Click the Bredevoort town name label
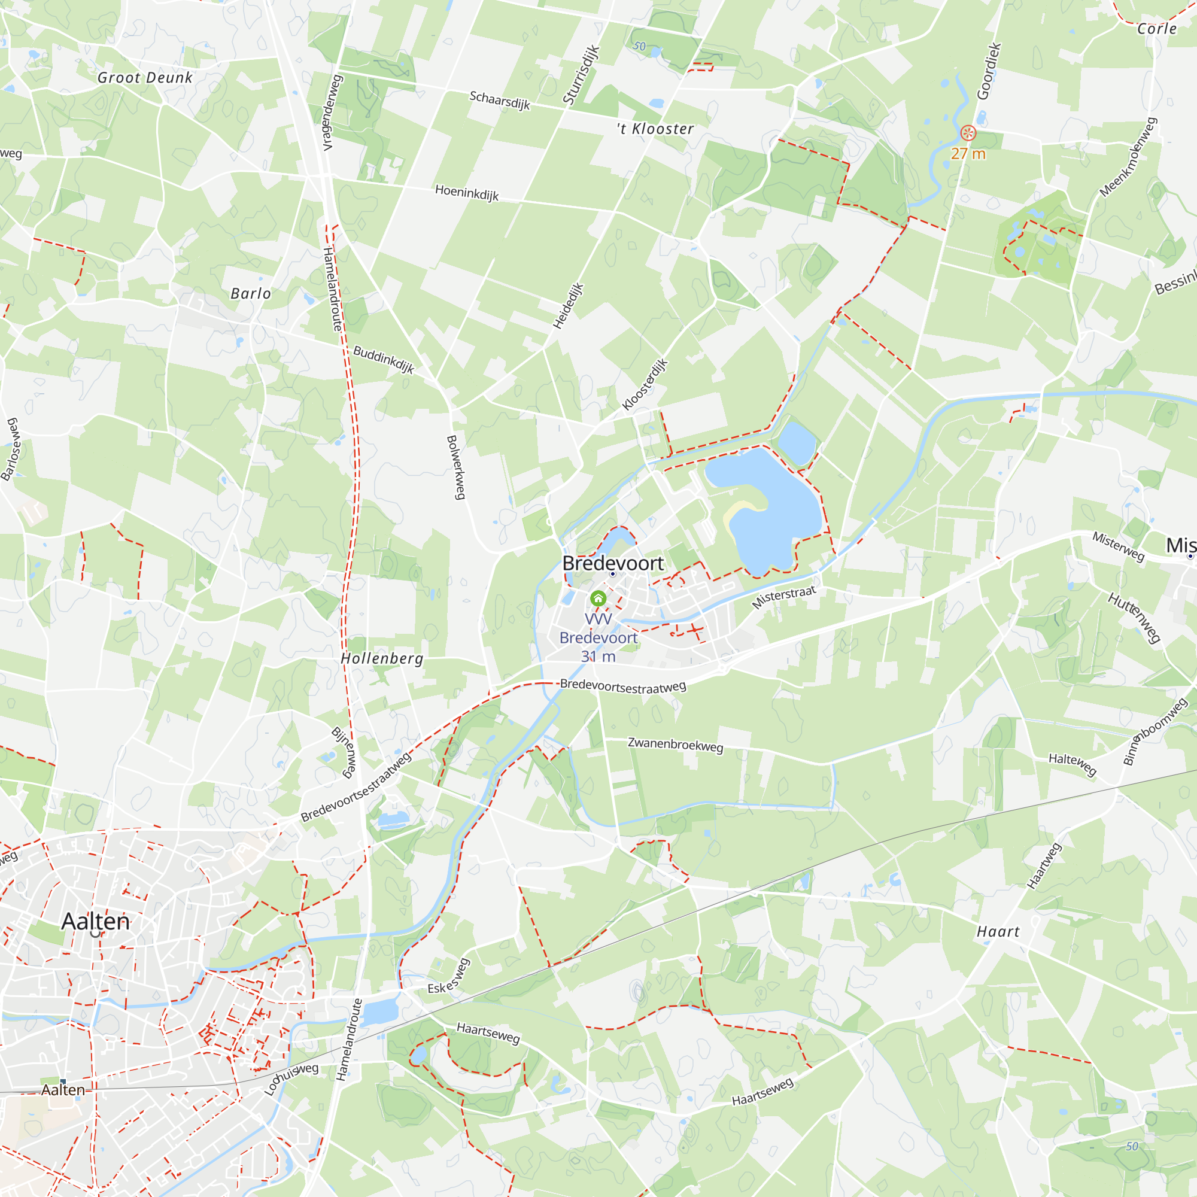click(x=612, y=563)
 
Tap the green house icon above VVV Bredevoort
click(x=598, y=598)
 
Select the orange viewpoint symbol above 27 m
click(x=968, y=133)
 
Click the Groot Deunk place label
click(x=145, y=77)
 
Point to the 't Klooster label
click(x=655, y=129)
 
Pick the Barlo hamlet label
click(x=250, y=293)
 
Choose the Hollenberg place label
click(x=382, y=658)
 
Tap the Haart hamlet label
click(x=998, y=932)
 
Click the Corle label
click(x=1156, y=29)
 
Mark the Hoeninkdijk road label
click(x=467, y=193)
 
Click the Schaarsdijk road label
click(x=499, y=100)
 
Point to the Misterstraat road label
click(x=784, y=596)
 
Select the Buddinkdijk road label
click(x=384, y=359)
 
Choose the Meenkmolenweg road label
click(x=1128, y=157)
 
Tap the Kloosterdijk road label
click(x=645, y=384)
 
